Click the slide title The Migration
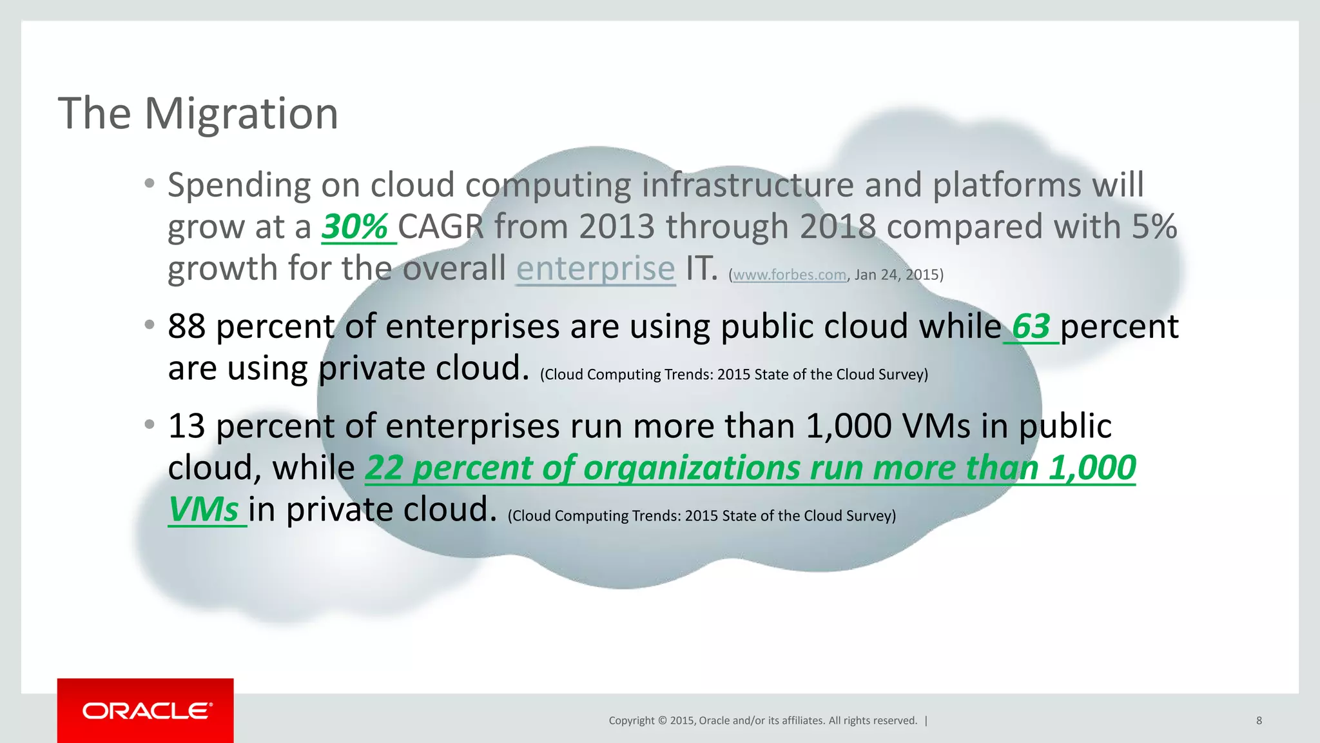(x=198, y=114)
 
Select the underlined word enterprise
(x=596, y=268)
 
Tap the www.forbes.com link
(x=790, y=275)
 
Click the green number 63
(x=1031, y=326)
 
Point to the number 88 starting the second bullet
(x=186, y=326)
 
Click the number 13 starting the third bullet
(x=186, y=426)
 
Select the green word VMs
(x=204, y=510)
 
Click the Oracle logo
(x=146, y=711)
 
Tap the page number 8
(x=1259, y=720)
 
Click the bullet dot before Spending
(x=150, y=184)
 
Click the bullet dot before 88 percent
(x=150, y=325)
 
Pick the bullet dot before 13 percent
(x=150, y=425)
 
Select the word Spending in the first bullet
(x=239, y=186)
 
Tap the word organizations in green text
(x=692, y=468)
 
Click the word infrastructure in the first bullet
(x=748, y=185)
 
